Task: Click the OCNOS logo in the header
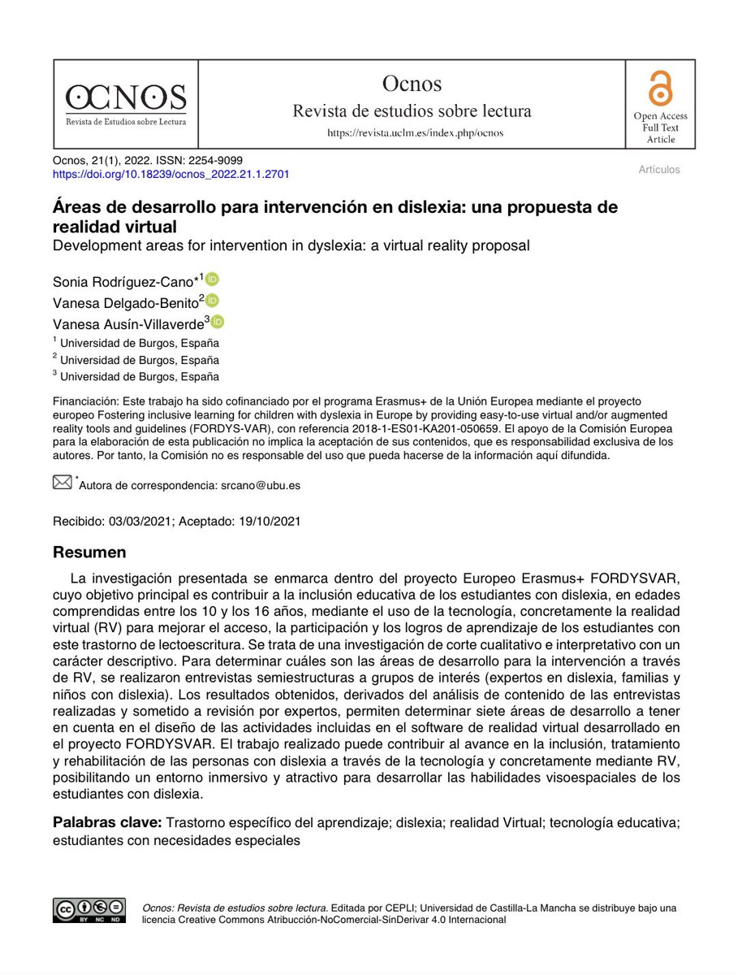coord(126,103)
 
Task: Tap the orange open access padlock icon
coord(654,90)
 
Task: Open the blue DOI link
coord(170,174)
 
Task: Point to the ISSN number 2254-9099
coord(214,160)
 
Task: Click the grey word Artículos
coord(658,170)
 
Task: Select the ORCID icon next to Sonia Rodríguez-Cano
coord(213,279)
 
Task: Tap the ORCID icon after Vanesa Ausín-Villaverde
coord(218,322)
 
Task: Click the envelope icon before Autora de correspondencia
coord(63,483)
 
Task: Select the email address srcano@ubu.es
coord(261,486)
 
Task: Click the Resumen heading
coord(89,552)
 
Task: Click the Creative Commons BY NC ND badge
coord(89,911)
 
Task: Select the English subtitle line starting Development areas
coord(291,245)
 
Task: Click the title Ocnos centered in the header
coord(412,84)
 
